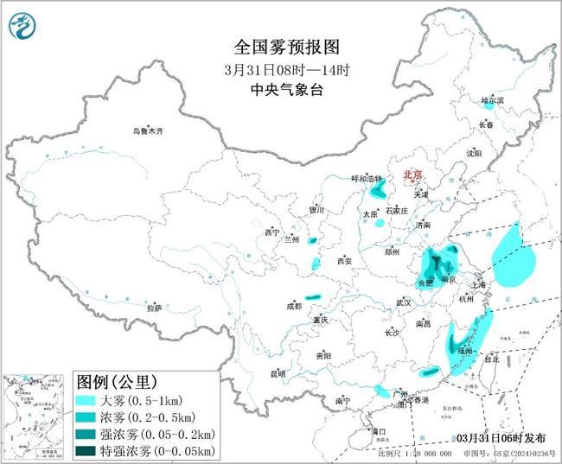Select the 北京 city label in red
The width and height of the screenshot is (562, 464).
click(x=412, y=175)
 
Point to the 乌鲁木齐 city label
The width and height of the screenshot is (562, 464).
click(x=147, y=130)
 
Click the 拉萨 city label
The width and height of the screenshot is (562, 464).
click(x=154, y=308)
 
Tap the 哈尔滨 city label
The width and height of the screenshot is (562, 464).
click(x=492, y=100)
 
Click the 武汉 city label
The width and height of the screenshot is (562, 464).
click(x=403, y=302)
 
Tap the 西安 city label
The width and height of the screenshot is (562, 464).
click(x=346, y=260)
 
